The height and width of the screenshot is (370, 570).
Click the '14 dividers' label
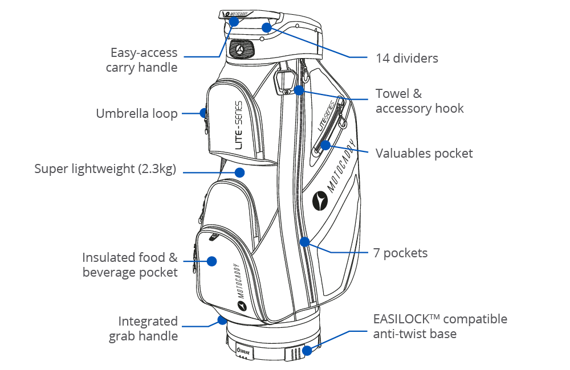407,58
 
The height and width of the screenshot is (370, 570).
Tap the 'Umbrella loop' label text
137,113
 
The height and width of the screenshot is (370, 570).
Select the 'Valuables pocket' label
424,153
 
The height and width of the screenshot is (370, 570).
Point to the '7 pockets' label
400,253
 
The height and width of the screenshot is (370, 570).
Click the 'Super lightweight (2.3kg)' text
105,169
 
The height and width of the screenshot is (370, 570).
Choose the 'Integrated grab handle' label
143,328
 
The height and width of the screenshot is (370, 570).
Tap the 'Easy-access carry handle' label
141,60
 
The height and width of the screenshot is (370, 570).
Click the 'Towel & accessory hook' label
420,101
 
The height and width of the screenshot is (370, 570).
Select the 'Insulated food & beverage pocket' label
130,265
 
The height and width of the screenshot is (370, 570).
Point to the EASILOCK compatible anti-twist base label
440,326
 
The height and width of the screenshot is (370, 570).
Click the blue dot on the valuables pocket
325,145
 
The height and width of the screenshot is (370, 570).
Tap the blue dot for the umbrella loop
203,113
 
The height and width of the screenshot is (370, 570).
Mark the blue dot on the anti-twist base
307,351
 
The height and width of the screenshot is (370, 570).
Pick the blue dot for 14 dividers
267,27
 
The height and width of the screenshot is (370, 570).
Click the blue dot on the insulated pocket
211,261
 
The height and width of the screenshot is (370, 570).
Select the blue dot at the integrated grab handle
222,320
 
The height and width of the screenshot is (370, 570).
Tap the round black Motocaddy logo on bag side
320,201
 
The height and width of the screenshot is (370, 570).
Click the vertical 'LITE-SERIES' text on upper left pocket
238,125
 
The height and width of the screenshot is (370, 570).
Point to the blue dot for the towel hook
299,90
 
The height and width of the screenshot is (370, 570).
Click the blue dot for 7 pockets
304,241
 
